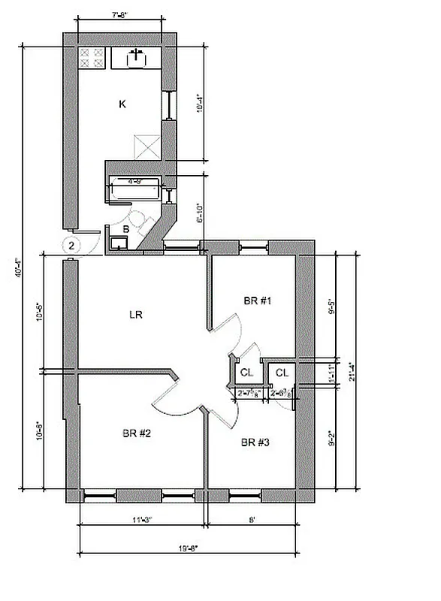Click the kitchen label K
[x=122, y=104]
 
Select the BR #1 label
[x=257, y=300]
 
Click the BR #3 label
[x=255, y=442]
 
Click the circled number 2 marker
[x=71, y=245]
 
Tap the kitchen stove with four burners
[x=91, y=59]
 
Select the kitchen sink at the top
[x=137, y=57]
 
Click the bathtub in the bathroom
[x=135, y=189]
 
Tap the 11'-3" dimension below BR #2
[x=140, y=518]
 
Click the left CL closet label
[x=246, y=373]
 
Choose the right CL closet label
[x=281, y=373]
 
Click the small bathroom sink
[x=117, y=242]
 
